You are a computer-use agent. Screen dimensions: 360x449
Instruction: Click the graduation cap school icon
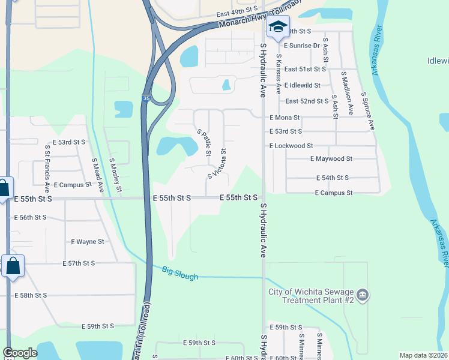[278, 27]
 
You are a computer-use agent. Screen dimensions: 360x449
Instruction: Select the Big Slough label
[179, 271]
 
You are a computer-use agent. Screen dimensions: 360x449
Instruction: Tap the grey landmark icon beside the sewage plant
[362, 295]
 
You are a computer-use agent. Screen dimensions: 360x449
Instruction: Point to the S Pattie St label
[204, 142]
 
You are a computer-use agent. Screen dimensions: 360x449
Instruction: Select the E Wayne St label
[88, 242]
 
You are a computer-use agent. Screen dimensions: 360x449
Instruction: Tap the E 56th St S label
[32, 217]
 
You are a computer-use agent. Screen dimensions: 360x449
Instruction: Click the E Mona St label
[285, 118]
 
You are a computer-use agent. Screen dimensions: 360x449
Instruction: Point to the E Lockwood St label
[291, 146]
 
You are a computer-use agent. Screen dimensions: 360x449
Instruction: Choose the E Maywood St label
[331, 159]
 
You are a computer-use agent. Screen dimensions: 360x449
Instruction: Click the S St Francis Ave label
[47, 162]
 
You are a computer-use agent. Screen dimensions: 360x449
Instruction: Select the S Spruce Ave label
[367, 111]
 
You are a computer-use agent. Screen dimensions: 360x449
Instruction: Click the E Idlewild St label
[303, 86]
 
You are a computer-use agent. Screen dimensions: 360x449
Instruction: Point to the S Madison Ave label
[347, 93]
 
